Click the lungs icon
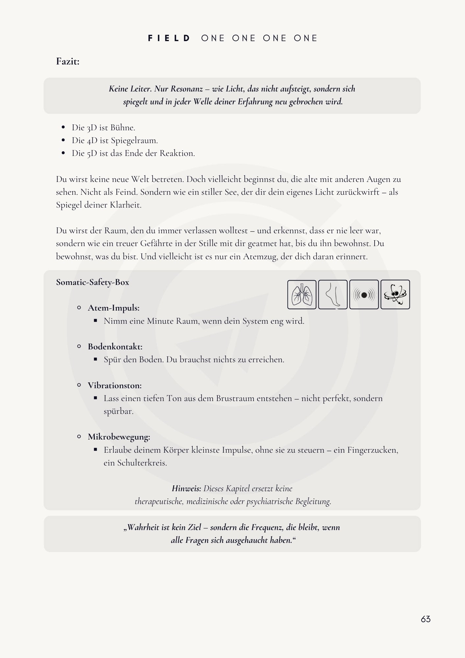point(302,294)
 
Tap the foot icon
point(333,294)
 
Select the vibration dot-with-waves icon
point(364,294)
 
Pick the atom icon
point(395,294)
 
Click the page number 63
point(426,619)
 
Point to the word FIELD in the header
point(169,38)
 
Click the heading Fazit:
point(68,62)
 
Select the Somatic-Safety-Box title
point(92,282)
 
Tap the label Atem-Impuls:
point(113,308)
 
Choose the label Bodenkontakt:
point(115,347)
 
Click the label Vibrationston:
point(114,386)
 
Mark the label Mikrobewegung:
point(119,437)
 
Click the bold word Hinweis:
point(186,489)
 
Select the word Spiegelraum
point(134,140)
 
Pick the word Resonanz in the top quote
point(186,89)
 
